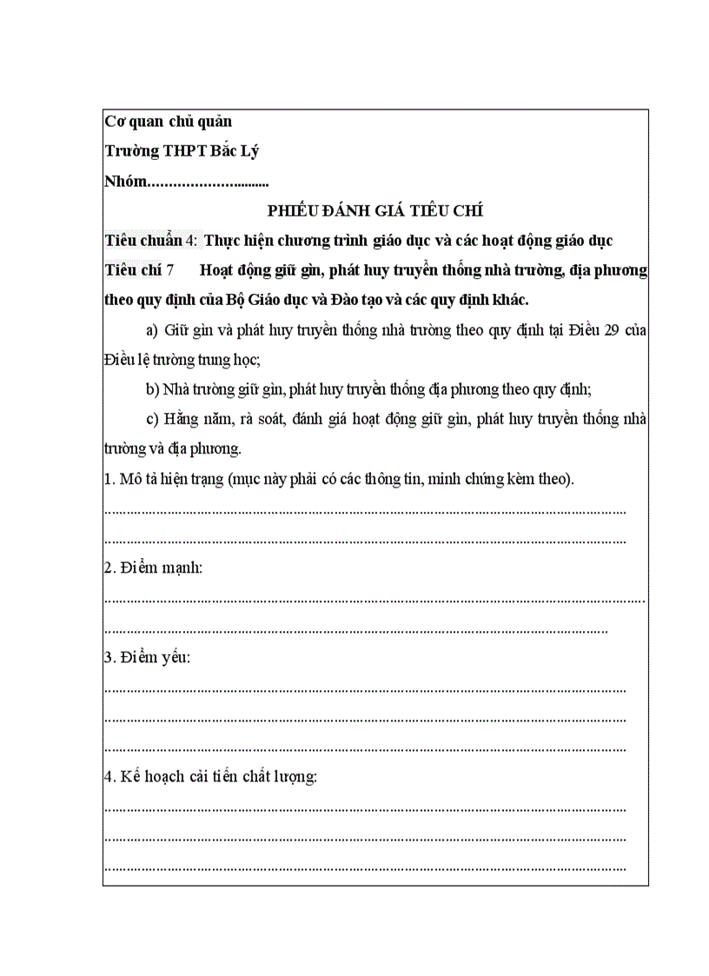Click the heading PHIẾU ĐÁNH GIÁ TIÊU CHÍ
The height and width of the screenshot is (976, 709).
[375, 210]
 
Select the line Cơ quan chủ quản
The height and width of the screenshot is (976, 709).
[168, 122]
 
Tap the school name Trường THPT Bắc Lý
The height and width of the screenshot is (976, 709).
[182, 151]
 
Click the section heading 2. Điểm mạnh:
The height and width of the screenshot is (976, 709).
[153, 568]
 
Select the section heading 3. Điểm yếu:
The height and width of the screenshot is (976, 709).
[147, 658]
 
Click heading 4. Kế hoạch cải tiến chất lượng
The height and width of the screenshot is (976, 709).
[210, 777]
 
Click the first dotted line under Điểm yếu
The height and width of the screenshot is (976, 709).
[365, 688]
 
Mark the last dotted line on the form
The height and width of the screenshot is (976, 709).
[365, 867]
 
